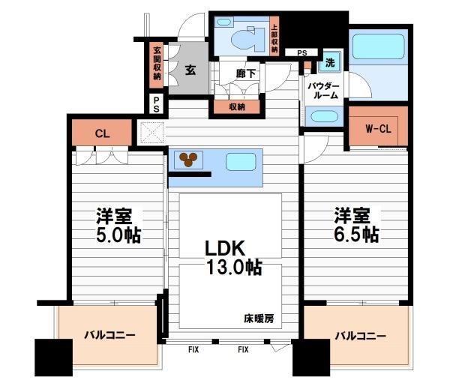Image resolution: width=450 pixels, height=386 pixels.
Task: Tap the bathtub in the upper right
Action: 378,46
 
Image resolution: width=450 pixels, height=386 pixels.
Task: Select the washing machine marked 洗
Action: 330,62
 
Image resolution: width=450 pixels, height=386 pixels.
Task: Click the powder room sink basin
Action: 322,116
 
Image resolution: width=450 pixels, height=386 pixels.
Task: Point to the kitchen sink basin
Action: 241,162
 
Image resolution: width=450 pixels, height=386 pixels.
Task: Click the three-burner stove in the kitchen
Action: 188,160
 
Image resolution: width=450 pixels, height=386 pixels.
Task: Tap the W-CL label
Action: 378,129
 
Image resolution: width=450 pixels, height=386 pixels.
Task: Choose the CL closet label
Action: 102,133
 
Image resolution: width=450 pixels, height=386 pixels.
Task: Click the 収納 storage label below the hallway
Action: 237,107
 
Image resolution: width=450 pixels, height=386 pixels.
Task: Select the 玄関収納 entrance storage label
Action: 157,64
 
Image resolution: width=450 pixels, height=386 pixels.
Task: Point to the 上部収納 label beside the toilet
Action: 274,37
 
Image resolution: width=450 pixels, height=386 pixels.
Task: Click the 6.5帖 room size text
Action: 356,235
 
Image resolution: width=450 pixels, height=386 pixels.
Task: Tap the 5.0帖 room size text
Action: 118,235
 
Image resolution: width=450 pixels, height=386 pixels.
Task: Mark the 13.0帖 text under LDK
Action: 234,268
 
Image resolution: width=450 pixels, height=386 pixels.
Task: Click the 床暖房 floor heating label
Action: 259,319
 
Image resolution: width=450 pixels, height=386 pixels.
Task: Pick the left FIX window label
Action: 193,349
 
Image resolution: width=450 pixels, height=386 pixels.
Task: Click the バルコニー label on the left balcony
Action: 109,335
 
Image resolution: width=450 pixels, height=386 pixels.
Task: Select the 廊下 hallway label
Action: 246,73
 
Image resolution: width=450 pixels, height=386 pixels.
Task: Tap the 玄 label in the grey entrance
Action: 190,70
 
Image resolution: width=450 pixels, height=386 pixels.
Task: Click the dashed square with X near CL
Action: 152,133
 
